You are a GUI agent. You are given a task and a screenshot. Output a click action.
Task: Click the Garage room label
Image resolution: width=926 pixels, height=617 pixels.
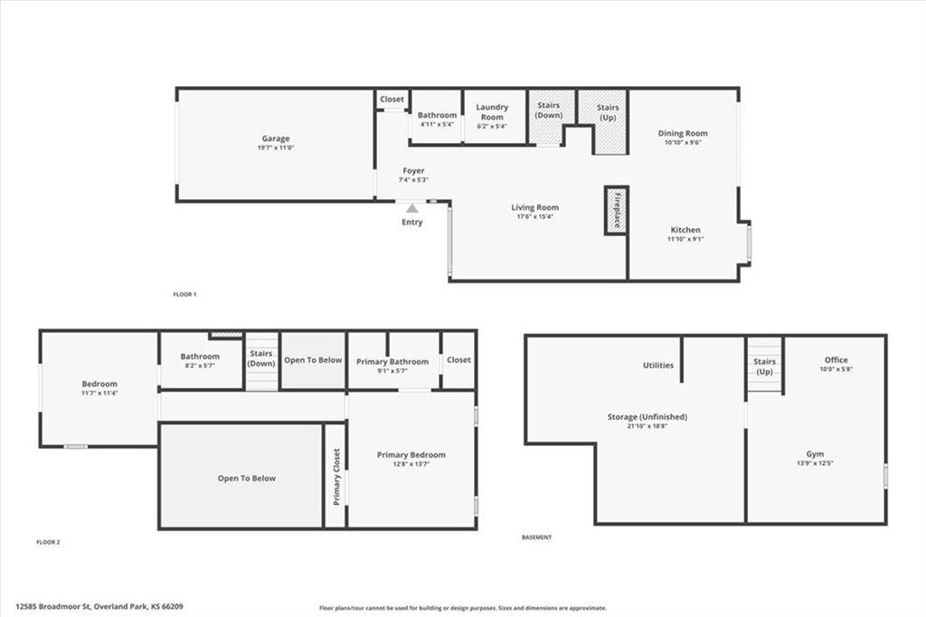(x=276, y=138)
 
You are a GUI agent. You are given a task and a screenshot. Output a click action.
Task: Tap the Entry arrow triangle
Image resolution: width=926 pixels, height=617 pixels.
(x=411, y=208)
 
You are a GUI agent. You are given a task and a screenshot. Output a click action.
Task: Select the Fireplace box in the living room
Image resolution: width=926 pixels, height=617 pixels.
(x=617, y=211)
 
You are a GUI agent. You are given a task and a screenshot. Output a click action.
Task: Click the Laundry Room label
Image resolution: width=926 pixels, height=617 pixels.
(x=492, y=112)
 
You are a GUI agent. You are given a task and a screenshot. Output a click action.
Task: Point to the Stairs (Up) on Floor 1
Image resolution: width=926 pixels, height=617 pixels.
(x=608, y=112)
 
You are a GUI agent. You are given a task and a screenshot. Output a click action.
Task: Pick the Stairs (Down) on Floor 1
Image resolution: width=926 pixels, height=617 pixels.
(x=549, y=110)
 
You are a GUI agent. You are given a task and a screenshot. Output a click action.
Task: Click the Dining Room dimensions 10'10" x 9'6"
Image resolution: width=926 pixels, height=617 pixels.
(x=683, y=142)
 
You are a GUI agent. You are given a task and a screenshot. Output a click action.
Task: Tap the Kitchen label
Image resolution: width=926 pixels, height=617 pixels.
(x=685, y=230)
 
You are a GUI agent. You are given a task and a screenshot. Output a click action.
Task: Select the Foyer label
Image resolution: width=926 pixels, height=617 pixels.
(x=413, y=170)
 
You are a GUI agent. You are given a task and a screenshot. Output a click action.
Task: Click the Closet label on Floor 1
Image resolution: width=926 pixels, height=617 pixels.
(x=392, y=99)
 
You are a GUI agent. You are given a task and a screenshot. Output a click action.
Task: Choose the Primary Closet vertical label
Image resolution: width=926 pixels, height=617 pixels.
(x=335, y=475)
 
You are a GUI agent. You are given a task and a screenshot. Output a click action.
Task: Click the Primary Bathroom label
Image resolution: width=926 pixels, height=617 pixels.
(x=392, y=361)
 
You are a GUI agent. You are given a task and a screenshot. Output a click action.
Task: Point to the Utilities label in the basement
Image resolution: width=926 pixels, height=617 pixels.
(x=658, y=365)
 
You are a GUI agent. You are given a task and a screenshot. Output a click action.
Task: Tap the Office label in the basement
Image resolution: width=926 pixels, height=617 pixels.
(x=836, y=360)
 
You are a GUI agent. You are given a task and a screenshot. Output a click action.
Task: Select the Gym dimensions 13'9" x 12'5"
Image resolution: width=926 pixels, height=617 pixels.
(x=816, y=463)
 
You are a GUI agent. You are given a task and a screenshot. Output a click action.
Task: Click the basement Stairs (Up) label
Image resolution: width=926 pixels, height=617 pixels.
(x=765, y=366)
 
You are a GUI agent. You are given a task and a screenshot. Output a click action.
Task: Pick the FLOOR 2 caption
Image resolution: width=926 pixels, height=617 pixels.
(x=48, y=542)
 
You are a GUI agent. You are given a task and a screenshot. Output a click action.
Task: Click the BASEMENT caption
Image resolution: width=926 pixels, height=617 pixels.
(x=536, y=537)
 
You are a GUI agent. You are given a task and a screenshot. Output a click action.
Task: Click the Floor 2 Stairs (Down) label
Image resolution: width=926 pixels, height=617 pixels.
(x=261, y=358)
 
